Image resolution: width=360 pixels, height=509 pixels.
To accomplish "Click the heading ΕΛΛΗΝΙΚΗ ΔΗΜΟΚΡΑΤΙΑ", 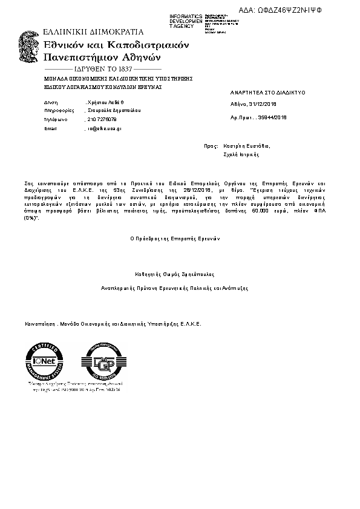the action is (x=93, y=31).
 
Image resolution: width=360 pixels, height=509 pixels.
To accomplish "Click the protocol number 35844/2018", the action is (x=272, y=117).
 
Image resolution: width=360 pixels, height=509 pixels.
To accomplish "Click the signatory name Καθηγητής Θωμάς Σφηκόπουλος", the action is (x=175, y=274).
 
